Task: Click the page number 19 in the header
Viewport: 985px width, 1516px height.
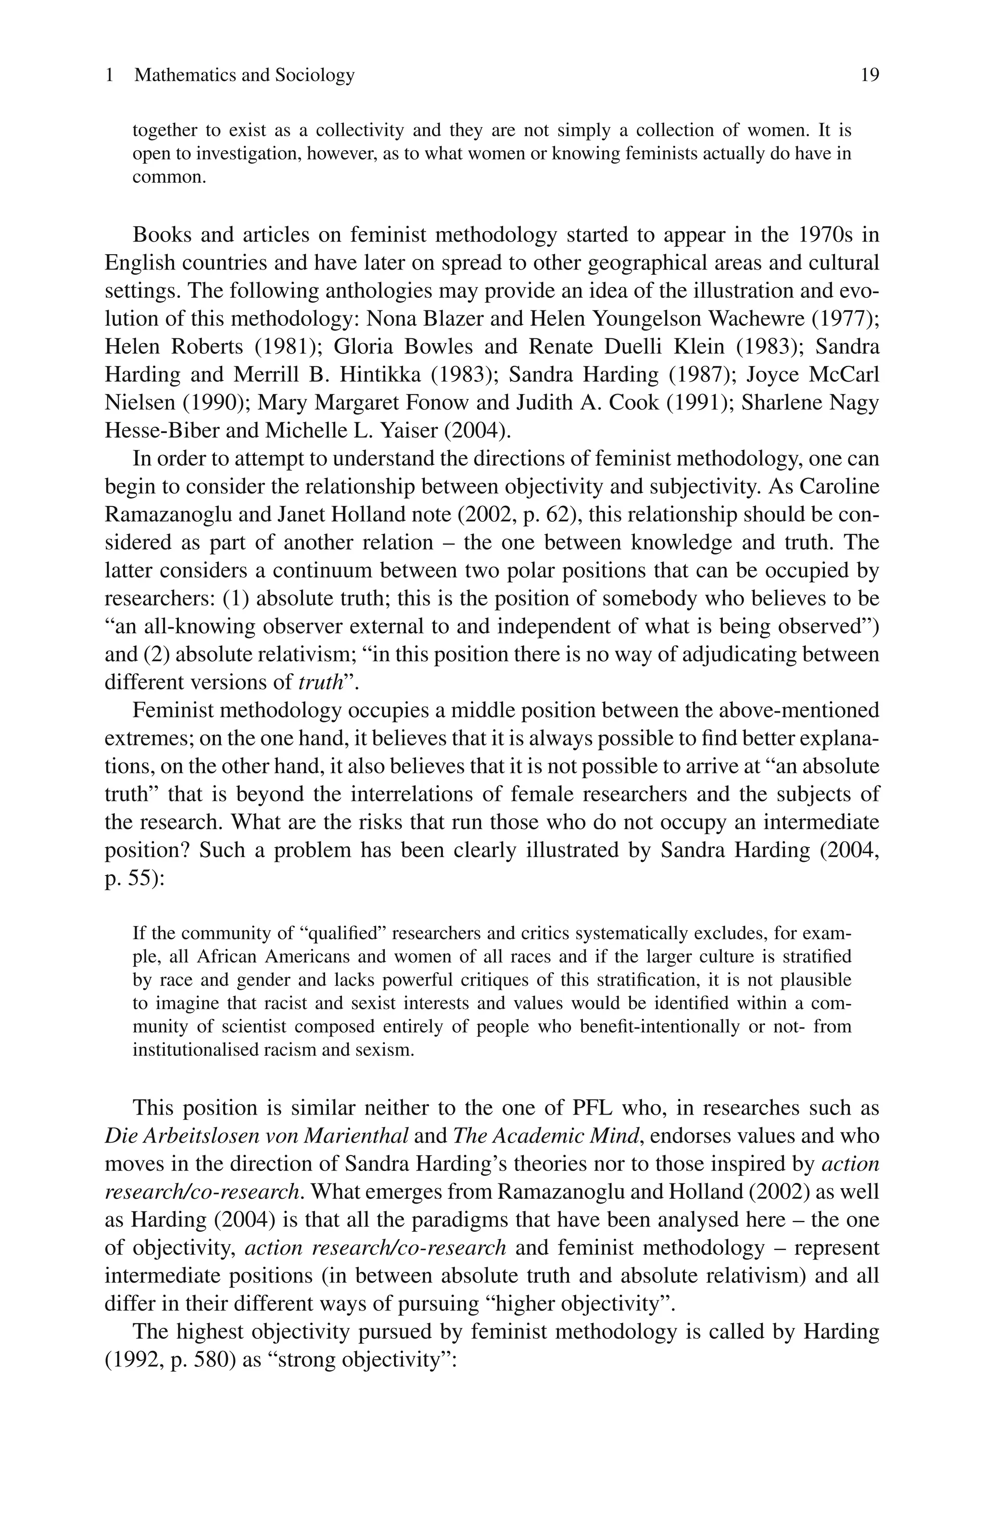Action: click(x=869, y=75)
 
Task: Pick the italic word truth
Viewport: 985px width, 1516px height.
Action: click(x=320, y=683)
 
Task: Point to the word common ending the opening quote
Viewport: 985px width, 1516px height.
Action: click(x=169, y=177)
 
